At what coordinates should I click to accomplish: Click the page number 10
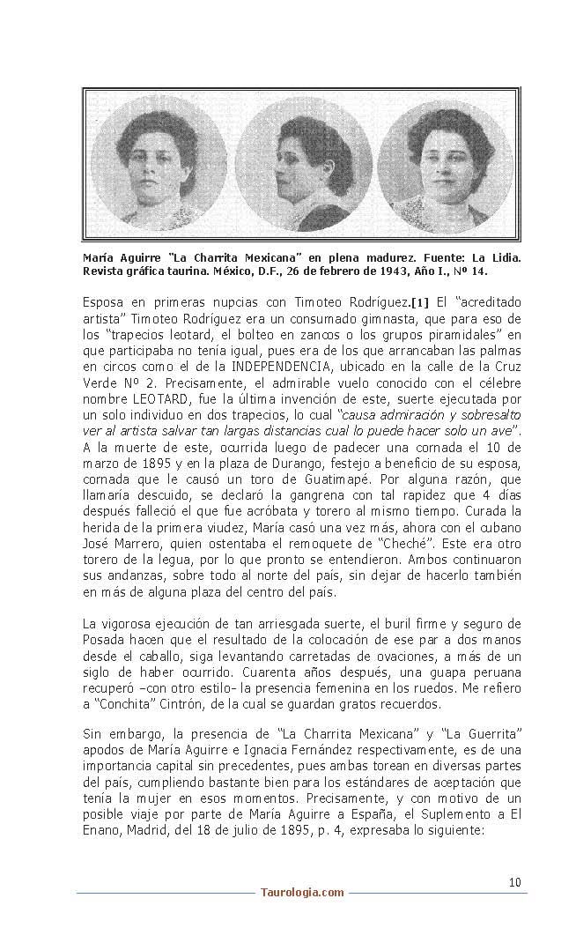pyautogui.click(x=515, y=881)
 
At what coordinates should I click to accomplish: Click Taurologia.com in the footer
pyautogui.click(x=302, y=893)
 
